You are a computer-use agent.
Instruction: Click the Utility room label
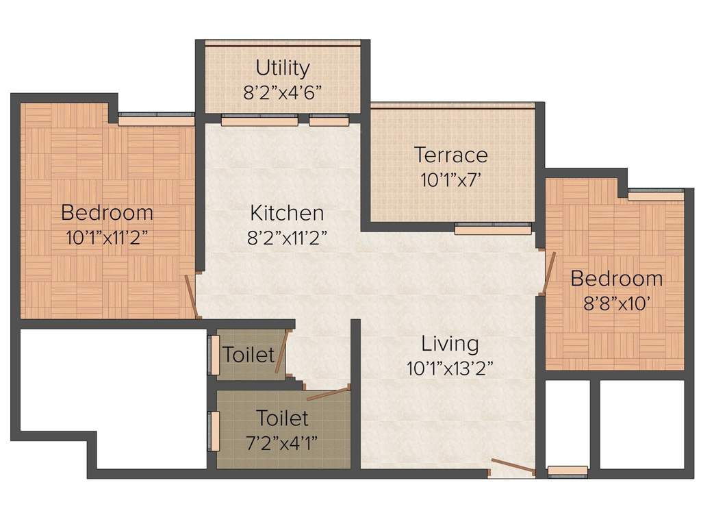click(x=283, y=68)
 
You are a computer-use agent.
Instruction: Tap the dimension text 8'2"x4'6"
click(x=283, y=92)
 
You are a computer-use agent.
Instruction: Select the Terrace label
click(x=451, y=155)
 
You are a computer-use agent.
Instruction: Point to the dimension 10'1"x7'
click(x=451, y=179)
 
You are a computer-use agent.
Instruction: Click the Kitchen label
click(x=287, y=213)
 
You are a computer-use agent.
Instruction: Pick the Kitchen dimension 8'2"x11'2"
click(x=287, y=237)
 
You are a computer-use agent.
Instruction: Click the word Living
click(x=450, y=342)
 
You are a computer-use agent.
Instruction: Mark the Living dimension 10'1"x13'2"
click(x=450, y=367)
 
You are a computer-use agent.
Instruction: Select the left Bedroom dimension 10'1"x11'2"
click(x=107, y=237)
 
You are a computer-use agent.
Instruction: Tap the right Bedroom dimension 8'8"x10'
click(x=616, y=303)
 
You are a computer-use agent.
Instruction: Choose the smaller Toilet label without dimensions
click(x=248, y=355)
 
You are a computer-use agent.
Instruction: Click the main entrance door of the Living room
click(x=512, y=467)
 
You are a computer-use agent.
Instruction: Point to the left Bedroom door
click(x=192, y=296)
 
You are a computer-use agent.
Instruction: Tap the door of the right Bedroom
click(x=548, y=273)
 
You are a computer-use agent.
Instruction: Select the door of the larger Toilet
click(x=328, y=393)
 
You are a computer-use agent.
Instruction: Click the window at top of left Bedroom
click(x=156, y=120)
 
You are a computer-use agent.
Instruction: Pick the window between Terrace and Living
click(x=493, y=229)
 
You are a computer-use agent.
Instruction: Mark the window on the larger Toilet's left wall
click(x=214, y=431)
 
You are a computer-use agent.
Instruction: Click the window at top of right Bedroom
click(x=655, y=195)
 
